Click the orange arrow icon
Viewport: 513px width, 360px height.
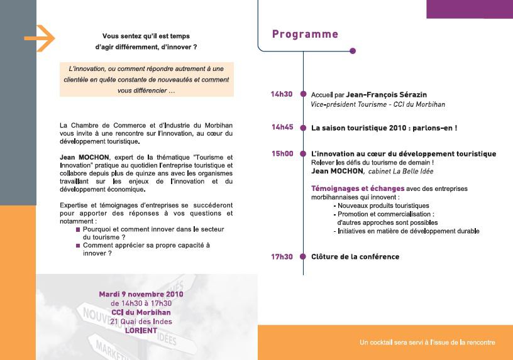click(40, 39)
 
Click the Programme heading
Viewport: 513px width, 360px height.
click(305, 35)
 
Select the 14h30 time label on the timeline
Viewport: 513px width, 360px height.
click(282, 94)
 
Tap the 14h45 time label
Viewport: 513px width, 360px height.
click(282, 127)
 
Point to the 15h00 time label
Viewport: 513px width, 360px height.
click(282, 153)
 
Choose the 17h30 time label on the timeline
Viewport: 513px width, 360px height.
click(282, 256)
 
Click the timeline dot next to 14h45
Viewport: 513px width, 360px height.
click(304, 128)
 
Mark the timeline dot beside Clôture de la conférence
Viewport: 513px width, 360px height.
click(304, 256)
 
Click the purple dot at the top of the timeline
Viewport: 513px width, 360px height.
click(353, 51)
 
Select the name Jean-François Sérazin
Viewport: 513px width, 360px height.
click(382, 95)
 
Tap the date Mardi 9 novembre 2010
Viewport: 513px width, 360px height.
click(141, 294)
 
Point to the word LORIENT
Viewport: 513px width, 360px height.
click(141, 330)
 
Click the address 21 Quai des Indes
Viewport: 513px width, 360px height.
click(141, 321)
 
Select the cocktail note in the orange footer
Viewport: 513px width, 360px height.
click(427, 342)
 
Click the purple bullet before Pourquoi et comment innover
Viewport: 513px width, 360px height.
click(78, 230)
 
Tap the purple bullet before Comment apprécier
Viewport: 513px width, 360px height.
click(78, 246)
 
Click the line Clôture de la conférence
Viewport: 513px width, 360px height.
click(355, 256)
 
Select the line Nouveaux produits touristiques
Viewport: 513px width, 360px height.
click(383, 205)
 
